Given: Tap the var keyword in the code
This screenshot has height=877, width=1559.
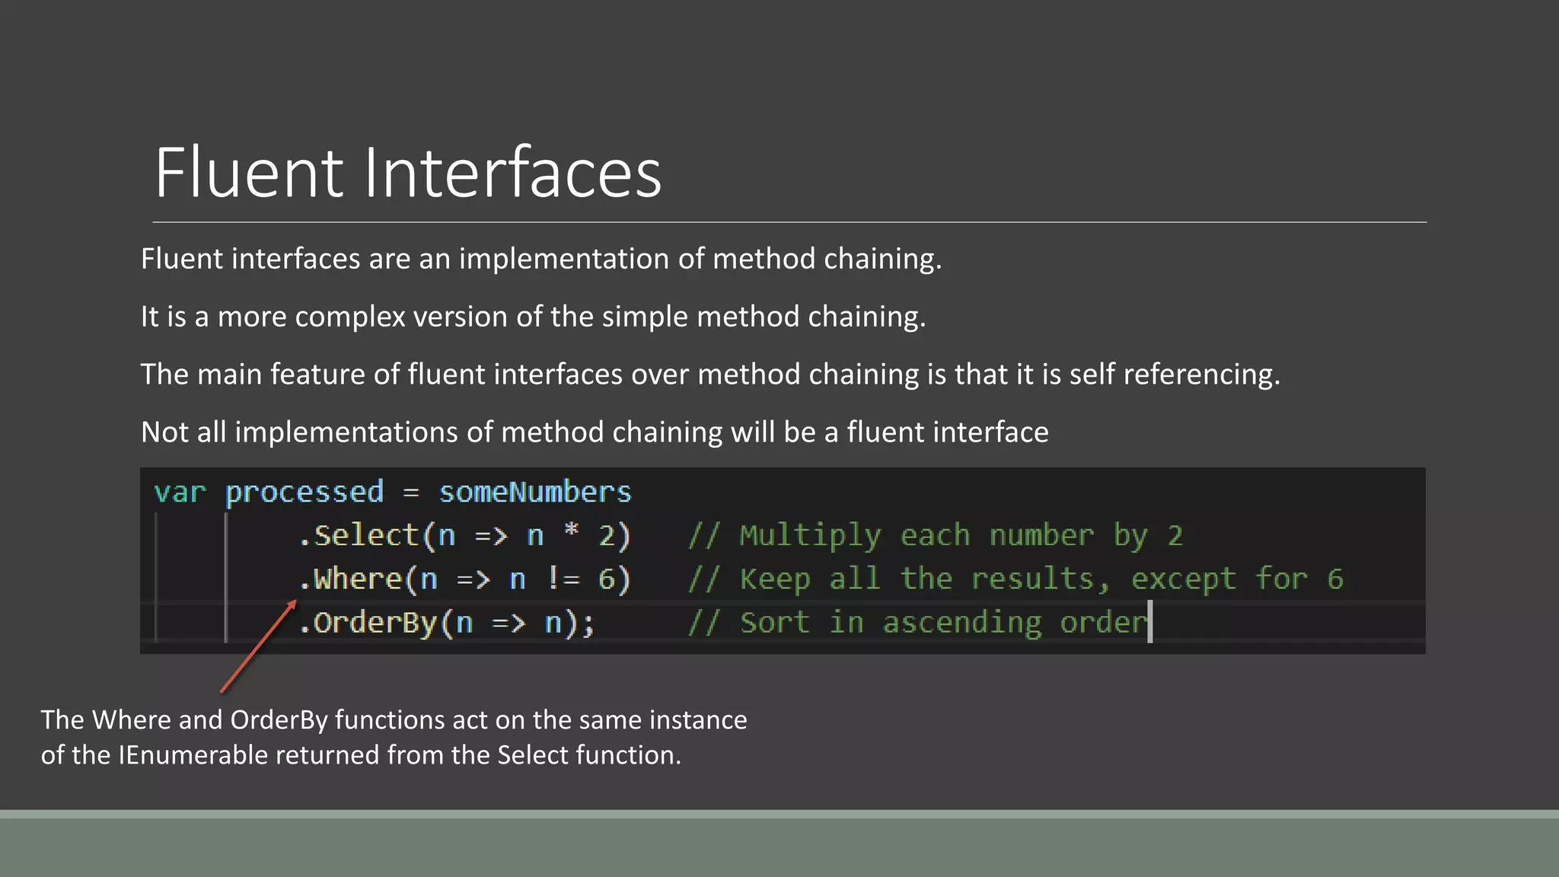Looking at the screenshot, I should [x=180, y=493].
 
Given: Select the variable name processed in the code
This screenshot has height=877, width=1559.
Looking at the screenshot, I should [x=304, y=493].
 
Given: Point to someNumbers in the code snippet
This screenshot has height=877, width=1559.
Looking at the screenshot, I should [x=535, y=493].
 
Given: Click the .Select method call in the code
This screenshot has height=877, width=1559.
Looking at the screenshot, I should [x=358, y=536].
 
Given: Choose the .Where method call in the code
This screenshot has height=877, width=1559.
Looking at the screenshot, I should [x=349, y=579].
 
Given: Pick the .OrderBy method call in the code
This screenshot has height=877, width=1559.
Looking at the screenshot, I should [x=367, y=623].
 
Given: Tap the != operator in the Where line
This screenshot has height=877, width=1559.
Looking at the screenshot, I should [x=563, y=579].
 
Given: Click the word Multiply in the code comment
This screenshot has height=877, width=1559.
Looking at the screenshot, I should [x=810, y=536].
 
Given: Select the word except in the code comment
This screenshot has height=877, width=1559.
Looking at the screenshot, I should [x=1183, y=579].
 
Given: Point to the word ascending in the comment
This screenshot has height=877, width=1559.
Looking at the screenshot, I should [x=962, y=623].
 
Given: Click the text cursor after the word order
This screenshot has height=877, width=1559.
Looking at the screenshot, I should [x=1150, y=621].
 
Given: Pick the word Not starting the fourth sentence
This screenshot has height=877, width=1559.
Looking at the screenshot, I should [x=164, y=432].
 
